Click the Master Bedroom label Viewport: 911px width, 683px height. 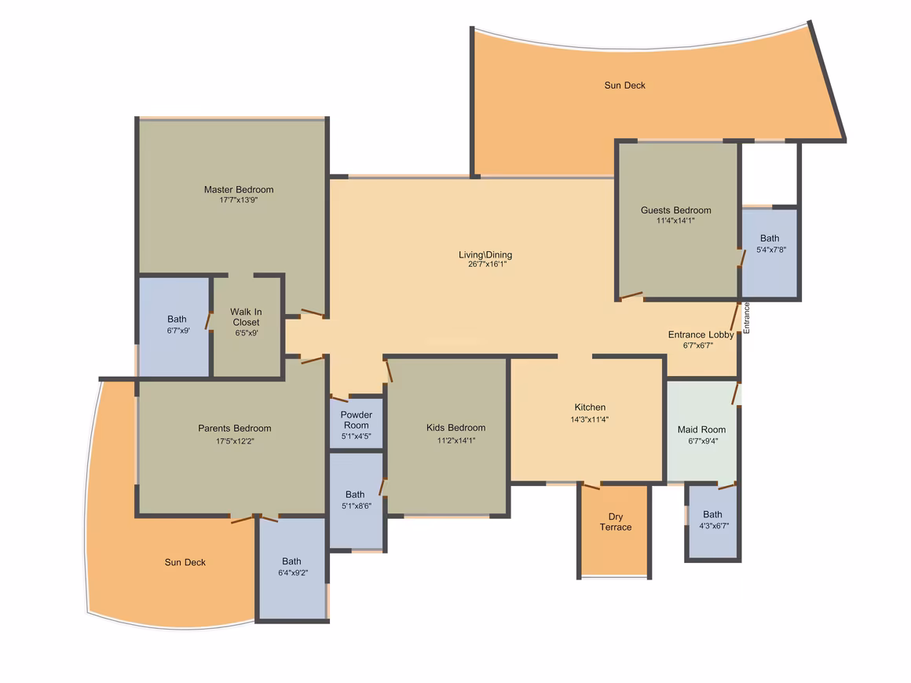click(x=238, y=189)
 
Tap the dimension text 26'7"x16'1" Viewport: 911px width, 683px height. click(x=487, y=265)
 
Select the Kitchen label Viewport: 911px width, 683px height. click(x=590, y=407)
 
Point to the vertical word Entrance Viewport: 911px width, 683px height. click(x=747, y=318)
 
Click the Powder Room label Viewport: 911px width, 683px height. click(x=356, y=420)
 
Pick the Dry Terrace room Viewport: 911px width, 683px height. click(x=615, y=531)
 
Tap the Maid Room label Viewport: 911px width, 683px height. click(x=701, y=429)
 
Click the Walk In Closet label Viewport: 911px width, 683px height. click(x=246, y=317)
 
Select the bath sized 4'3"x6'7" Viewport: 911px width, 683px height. click(x=713, y=521)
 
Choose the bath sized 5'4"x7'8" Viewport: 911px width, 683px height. click(x=770, y=254)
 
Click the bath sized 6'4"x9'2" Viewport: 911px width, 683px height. click(x=292, y=568)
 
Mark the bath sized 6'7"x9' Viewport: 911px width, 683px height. click(x=174, y=327)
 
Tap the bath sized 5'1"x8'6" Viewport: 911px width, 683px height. click(x=356, y=500)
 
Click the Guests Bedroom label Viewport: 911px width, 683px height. click(x=675, y=210)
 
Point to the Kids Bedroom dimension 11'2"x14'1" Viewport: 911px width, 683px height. click(x=456, y=440)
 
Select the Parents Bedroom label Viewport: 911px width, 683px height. click(x=235, y=428)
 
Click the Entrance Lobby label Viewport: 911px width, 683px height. click(x=701, y=334)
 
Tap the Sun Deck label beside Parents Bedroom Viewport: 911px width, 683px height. click(x=185, y=562)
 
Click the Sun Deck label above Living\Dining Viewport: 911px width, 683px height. click(x=624, y=86)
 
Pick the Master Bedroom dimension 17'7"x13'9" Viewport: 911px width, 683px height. click(x=238, y=199)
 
